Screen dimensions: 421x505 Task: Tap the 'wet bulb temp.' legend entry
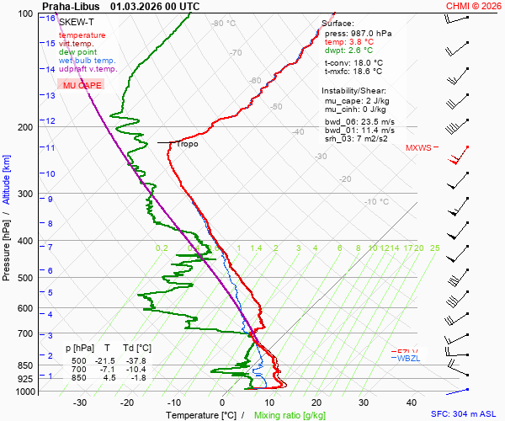pyautogui.click(x=88, y=61)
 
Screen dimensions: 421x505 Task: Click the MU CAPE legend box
pyautogui.click(x=80, y=86)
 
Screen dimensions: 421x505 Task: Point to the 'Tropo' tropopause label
pyautogui.click(x=187, y=144)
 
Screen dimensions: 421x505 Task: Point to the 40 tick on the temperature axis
pyautogui.click(x=412, y=402)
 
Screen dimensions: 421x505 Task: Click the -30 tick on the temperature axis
pyautogui.click(x=80, y=402)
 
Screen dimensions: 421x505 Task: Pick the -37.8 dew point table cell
pyautogui.click(x=140, y=360)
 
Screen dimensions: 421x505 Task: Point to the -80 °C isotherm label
pyautogui.click(x=224, y=24)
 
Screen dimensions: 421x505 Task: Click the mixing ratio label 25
pyautogui.click(x=434, y=248)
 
